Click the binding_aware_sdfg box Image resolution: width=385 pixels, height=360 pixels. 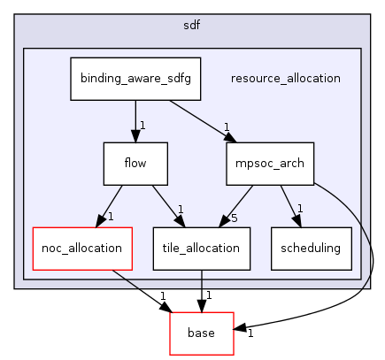tap(135, 78)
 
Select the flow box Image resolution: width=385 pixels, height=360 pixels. tap(135, 163)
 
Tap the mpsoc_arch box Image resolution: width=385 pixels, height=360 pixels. tap(259, 163)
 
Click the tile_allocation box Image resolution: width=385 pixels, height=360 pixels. tap(201, 248)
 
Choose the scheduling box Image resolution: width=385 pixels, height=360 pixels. tap(311, 248)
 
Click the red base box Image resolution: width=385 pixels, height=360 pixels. tap(202, 333)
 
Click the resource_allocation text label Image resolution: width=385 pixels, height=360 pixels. tap(285, 78)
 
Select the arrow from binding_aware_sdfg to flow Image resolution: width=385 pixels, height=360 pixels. tap(135, 119)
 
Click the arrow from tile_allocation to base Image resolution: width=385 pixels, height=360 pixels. tap(202, 290)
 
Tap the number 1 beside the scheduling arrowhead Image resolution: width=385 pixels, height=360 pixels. tap(301, 210)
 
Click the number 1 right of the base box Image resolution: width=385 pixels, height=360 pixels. tap(250, 334)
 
